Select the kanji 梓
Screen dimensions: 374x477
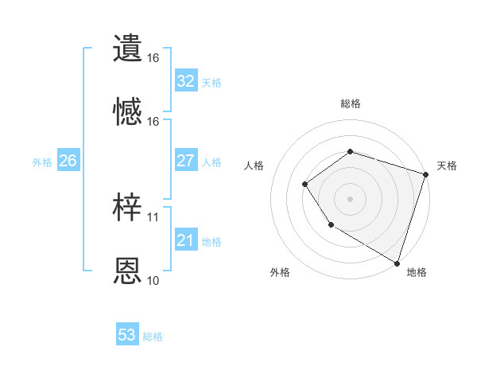coord(128,208)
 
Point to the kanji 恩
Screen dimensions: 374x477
coord(128,271)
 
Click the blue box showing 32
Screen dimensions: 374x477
coord(186,81)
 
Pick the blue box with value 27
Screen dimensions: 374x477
coord(186,162)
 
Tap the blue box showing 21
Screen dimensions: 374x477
coord(186,240)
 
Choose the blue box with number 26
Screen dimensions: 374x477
coord(68,162)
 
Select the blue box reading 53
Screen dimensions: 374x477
coord(127,335)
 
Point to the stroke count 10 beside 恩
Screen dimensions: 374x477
coord(153,280)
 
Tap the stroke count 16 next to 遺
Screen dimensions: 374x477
coord(153,58)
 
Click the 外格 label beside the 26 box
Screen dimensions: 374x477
coord(42,162)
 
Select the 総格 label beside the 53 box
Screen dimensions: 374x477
coord(153,337)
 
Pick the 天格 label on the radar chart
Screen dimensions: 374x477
coord(447,166)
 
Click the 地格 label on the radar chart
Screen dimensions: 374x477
coord(417,272)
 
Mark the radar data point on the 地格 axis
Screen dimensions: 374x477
coord(397,262)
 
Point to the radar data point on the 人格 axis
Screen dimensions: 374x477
coord(305,185)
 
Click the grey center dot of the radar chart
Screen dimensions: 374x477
coord(350,198)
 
